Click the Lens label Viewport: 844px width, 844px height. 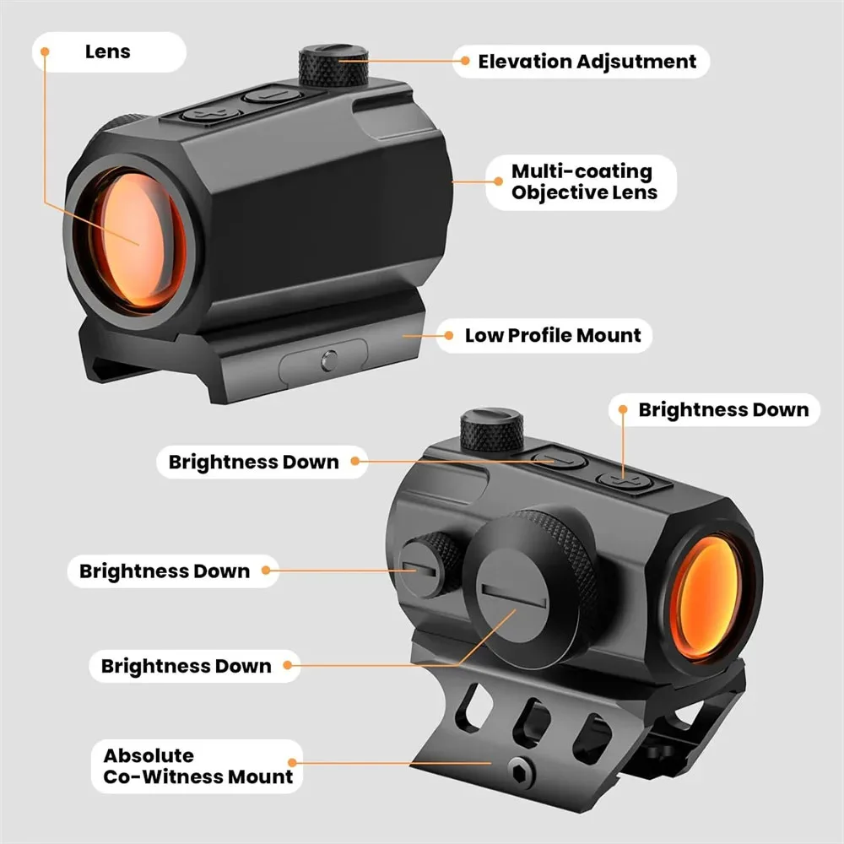(x=108, y=51)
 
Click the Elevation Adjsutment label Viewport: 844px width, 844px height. (x=587, y=61)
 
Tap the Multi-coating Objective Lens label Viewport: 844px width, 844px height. (x=582, y=182)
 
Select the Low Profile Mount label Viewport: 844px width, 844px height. (x=553, y=335)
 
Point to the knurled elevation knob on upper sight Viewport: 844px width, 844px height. (x=333, y=65)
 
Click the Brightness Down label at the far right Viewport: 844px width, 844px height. (x=722, y=409)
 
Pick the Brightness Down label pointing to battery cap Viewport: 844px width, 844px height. (x=186, y=666)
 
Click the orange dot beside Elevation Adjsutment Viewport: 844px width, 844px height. (x=462, y=61)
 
